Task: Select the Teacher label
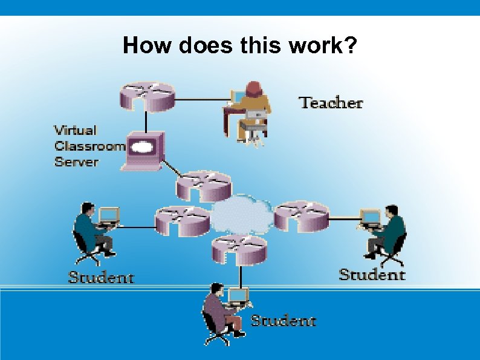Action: pyautogui.click(x=331, y=103)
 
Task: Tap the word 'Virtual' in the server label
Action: pyautogui.click(x=76, y=130)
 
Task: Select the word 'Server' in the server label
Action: pyautogui.click(x=76, y=162)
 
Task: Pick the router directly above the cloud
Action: pyautogui.click(x=204, y=185)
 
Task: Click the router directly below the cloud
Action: pyautogui.click(x=239, y=249)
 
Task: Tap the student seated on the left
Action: pyautogui.click(x=94, y=233)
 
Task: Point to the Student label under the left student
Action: pyautogui.click(x=101, y=278)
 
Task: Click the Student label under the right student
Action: pyautogui.click(x=372, y=275)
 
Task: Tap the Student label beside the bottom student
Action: pyautogui.click(x=283, y=320)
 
